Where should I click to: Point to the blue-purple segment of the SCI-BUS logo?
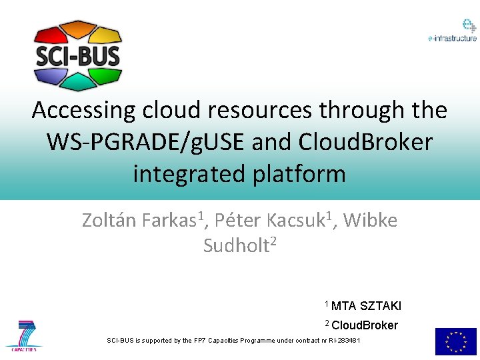pos(49,75)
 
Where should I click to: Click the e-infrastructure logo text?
pos(452,39)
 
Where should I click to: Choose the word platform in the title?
pos(293,174)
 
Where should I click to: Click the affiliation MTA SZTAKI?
pos(366,306)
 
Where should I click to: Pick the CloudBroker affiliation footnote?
pos(364,325)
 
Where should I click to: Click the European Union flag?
pos(455,341)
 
